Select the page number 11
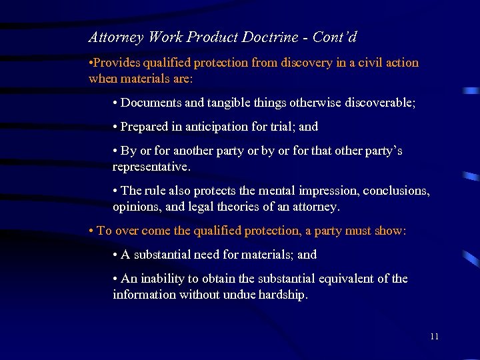pos(434,336)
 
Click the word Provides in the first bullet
pos(117,63)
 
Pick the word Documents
pos(149,103)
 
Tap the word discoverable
pos(377,103)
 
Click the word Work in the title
pos(165,37)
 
